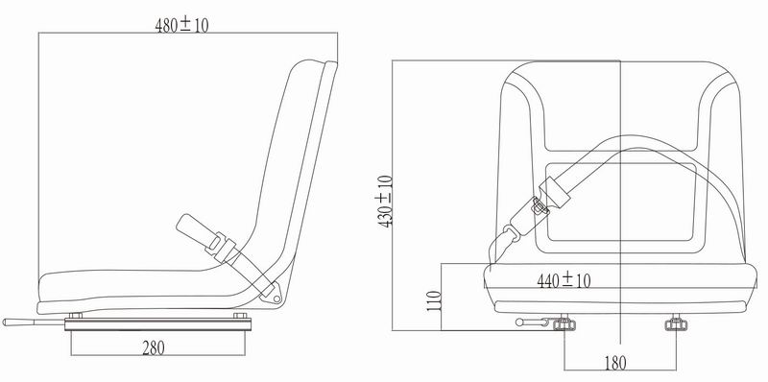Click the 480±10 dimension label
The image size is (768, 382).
click(181, 26)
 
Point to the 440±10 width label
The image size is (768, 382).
click(563, 280)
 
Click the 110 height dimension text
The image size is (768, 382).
click(432, 305)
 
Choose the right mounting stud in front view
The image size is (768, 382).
click(675, 325)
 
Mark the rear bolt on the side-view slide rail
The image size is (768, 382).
click(241, 317)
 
